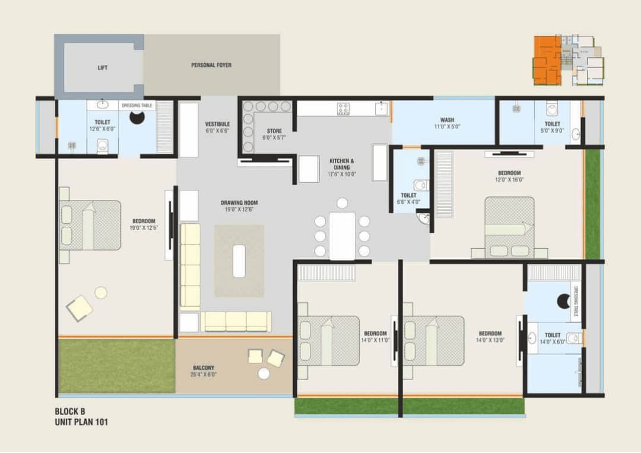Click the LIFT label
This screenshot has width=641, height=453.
(x=103, y=68)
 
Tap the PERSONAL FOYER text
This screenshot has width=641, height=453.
(x=211, y=65)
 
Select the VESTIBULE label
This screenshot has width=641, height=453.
(x=217, y=123)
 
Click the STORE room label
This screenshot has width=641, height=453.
(x=274, y=131)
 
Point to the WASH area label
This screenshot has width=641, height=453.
(x=447, y=119)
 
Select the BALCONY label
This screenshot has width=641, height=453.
(x=204, y=368)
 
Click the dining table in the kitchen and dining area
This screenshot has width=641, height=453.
(x=342, y=236)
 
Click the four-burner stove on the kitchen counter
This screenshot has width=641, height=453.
(x=343, y=109)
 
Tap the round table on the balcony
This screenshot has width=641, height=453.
(x=264, y=373)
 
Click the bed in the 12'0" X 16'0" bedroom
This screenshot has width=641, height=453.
(x=509, y=228)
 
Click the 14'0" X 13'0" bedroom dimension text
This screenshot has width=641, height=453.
(x=490, y=340)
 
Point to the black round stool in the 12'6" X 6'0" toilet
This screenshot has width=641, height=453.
(x=137, y=118)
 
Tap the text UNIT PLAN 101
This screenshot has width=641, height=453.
(x=81, y=423)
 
